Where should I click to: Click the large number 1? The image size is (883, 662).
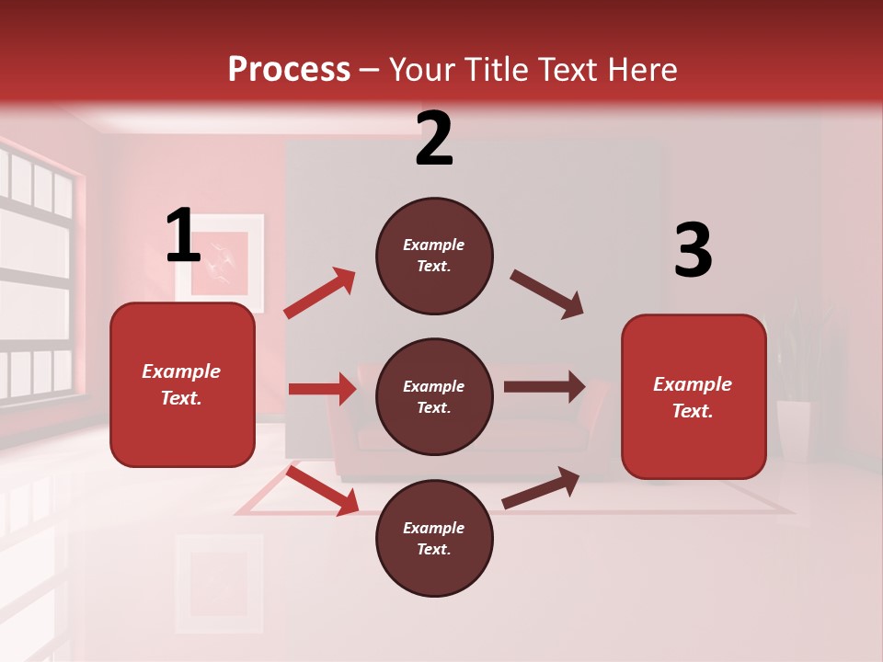pyautogui.click(x=183, y=235)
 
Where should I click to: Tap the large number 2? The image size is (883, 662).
pyautogui.click(x=434, y=139)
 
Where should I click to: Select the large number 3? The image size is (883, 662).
pyautogui.click(x=694, y=251)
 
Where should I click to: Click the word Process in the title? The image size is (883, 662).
pyautogui.click(x=289, y=69)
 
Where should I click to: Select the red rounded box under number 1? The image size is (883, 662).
pyautogui.click(x=182, y=384)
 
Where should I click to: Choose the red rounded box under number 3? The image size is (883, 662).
pyautogui.click(x=694, y=397)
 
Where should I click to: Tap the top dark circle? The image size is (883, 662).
pyautogui.click(x=434, y=256)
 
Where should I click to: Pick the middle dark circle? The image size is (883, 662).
pyautogui.click(x=434, y=397)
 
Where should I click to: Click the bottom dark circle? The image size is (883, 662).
pyautogui.click(x=434, y=539)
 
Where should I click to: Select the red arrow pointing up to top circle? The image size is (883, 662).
pyautogui.click(x=319, y=293)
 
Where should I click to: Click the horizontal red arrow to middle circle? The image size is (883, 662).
pyautogui.click(x=322, y=389)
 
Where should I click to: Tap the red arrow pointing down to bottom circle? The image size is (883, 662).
pyautogui.click(x=322, y=490)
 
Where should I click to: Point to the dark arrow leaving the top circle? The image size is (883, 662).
pyautogui.click(x=546, y=294)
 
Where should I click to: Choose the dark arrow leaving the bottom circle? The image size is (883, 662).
pyautogui.click(x=541, y=487)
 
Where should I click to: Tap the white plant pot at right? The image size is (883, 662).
pyautogui.click(x=793, y=428)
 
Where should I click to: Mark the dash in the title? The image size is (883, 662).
pyautogui.click(x=370, y=70)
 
